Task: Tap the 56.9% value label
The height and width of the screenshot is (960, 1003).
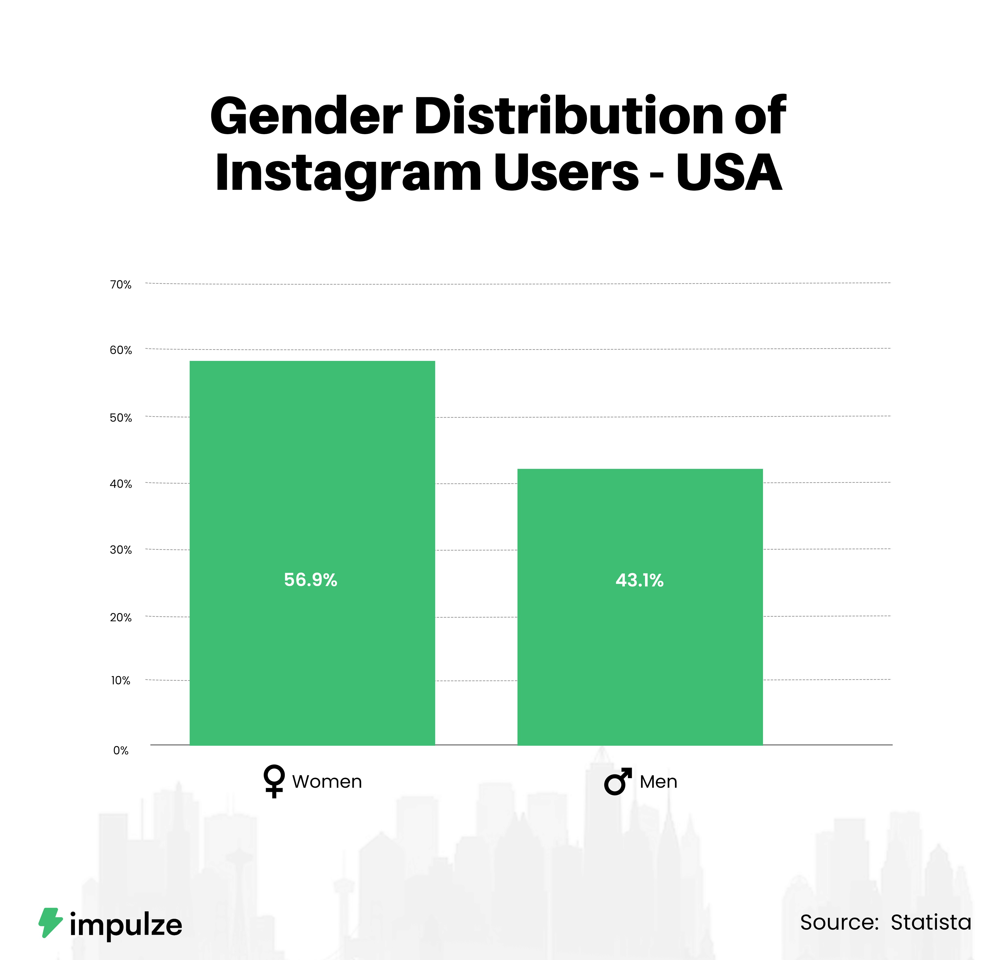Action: [311, 580]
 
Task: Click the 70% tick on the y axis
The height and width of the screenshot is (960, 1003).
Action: [121, 284]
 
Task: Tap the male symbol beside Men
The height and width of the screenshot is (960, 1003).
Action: [618, 782]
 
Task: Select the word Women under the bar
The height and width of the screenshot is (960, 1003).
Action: [327, 782]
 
